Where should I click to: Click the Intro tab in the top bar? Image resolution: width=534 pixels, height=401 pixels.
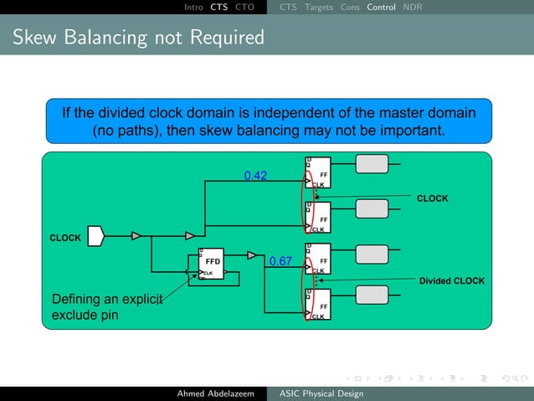coord(193,7)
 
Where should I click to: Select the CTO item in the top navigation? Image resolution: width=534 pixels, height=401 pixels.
coord(244,7)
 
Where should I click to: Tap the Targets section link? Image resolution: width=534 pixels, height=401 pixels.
coord(319,7)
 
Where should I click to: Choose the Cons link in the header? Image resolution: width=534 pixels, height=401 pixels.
coord(350,7)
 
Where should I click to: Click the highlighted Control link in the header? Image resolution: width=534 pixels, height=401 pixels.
coord(381,7)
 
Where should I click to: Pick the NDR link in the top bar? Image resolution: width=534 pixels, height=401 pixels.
coord(413,7)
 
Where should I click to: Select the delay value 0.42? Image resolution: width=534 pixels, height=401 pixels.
coord(255,176)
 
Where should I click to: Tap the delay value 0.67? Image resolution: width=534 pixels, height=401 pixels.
coord(280,261)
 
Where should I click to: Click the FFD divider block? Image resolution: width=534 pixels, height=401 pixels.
coord(212,265)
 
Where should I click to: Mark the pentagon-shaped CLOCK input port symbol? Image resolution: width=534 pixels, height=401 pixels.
coord(95,237)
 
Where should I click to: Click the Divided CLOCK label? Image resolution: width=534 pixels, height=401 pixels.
coord(452,281)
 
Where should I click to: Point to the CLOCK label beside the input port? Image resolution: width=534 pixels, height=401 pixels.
coord(66,238)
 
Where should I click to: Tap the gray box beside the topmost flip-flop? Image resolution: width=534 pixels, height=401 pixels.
coord(372,164)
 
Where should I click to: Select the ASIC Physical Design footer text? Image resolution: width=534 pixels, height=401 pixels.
coord(321,393)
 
